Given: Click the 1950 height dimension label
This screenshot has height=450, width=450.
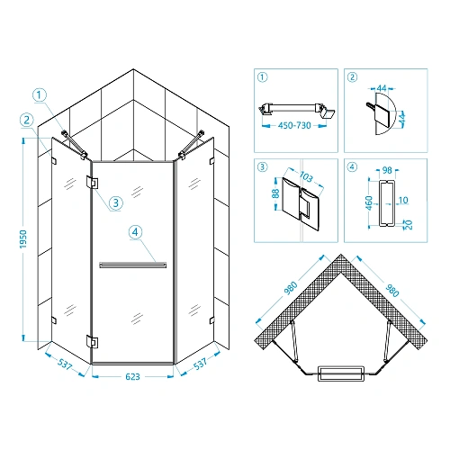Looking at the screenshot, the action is pos(23,239).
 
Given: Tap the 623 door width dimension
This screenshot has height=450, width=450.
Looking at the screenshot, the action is pos(132,376).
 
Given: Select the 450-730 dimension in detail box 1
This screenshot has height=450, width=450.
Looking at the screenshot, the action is pos(294,125).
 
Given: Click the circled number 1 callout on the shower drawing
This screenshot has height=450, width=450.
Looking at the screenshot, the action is pos(40,95).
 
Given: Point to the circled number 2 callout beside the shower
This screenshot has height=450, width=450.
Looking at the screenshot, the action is pos(27,121).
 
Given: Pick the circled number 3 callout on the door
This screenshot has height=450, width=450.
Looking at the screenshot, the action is pos(116,203).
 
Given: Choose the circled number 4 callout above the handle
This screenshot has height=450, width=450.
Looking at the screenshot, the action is pos(135,232).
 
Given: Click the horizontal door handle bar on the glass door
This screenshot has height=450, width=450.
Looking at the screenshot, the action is pos(133,265).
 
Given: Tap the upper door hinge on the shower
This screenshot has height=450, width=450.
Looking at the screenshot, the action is pos(92,183).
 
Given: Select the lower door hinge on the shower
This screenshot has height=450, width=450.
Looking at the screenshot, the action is pos(92,342).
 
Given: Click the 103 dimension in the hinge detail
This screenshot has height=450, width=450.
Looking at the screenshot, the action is pos(306,176).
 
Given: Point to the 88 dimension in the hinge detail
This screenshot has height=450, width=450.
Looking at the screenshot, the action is pos(275,193).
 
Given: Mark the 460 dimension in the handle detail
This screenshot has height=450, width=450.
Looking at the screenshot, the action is pos(369,202).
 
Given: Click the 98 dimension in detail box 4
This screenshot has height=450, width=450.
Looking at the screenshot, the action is pos(387,170).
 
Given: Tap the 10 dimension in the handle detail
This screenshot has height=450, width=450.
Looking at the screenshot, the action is pos(403,200).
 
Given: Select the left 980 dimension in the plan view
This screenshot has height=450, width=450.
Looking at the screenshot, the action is pos(291,288).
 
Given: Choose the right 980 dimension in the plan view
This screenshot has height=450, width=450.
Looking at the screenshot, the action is pos(392,291).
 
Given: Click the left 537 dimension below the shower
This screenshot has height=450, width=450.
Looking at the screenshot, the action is pos(65,364).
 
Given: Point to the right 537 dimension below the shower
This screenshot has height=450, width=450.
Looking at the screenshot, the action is pos(200,364).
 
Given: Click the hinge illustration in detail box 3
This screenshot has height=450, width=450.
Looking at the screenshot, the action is pos(301,202).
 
